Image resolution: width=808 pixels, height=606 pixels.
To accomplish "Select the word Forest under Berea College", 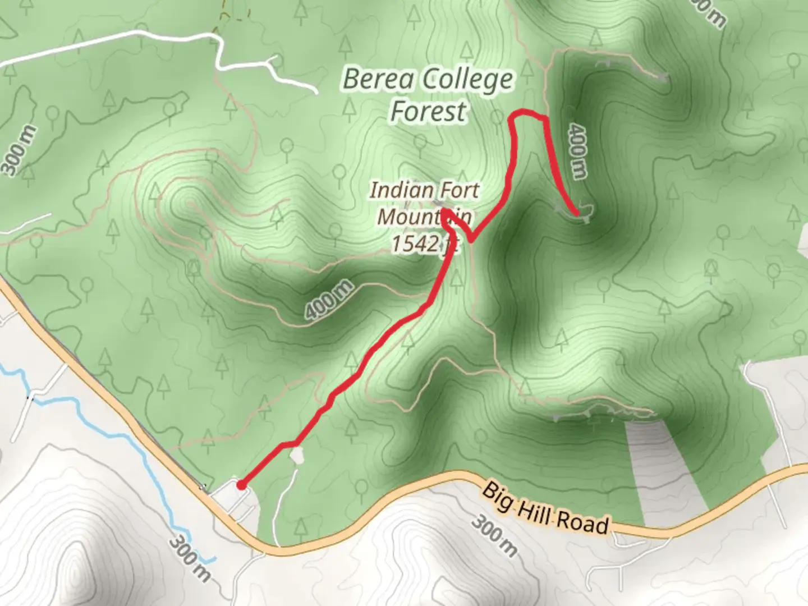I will coord(428,111).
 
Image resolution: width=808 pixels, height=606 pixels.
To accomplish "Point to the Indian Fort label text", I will coord(424,190).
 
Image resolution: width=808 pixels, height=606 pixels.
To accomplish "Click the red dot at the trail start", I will coord(241,485).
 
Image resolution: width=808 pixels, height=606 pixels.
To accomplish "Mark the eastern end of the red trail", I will coord(577,213).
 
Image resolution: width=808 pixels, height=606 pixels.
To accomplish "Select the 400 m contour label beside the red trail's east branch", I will coord(577,151).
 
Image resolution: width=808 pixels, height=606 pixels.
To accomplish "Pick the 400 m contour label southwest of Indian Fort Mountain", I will coord(329,300).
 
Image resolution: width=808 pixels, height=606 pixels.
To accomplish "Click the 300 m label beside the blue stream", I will coord(190,558).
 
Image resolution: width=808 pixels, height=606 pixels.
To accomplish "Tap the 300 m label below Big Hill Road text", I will coord(494,536).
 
